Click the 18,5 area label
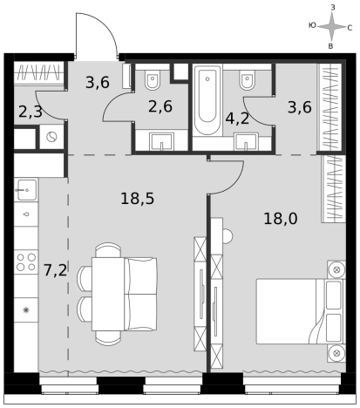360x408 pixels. point(137,199)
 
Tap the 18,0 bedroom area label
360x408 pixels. point(281,219)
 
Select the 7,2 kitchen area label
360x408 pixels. point(55,270)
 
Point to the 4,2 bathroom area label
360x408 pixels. point(237,119)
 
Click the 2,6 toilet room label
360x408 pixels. point(160,106)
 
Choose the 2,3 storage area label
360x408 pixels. point(31,112)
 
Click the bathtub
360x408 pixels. point(207,100)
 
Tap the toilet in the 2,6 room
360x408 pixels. point(153,79)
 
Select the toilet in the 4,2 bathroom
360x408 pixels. point(248,79)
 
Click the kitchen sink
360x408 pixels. point(26,190)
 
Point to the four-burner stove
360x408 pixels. point(26,262)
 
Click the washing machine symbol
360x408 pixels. point(51,137)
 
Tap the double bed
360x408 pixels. point(300,311)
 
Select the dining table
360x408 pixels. point(108,294)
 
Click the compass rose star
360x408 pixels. point(332,27)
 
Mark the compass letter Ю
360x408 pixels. point(312,25)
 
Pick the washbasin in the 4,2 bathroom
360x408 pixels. point(246,142)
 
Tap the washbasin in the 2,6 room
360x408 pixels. point(161,142)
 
